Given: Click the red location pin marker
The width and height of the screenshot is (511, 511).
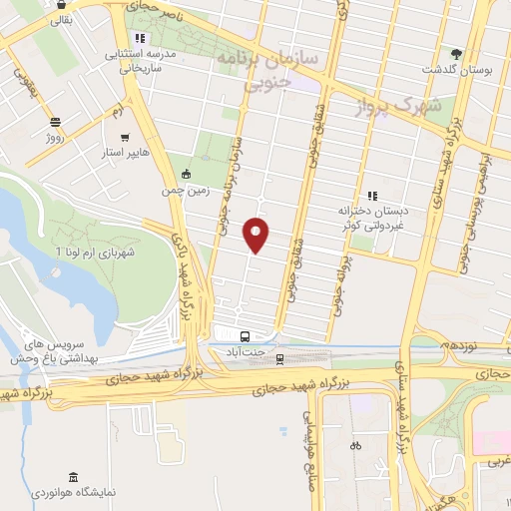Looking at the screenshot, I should tap(256, 235).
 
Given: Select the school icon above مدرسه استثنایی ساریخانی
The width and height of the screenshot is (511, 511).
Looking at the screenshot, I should tap(141, 39).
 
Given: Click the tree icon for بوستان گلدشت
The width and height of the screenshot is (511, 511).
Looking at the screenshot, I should tap(458, 52).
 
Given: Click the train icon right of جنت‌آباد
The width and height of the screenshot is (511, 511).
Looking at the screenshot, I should tap(281, 356).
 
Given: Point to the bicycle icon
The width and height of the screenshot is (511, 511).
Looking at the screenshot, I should tap(356, 445).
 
